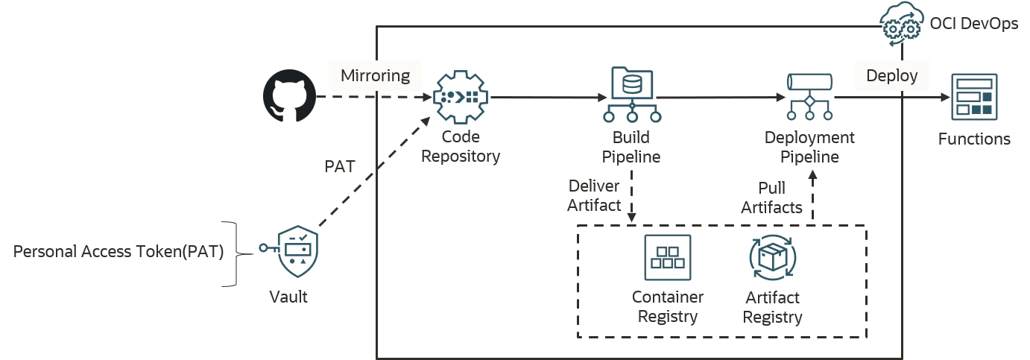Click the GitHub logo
[x=289, y=95]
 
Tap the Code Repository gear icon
[x=461, y=97]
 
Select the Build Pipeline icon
[x=632, y=95]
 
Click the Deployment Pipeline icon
[x=809, y=97]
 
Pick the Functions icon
[x=974, y=97]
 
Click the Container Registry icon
[x=668, y=257]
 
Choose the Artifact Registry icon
[x=772, y=257]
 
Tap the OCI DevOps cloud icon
[x=902, y=23]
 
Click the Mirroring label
[x=375, y=75]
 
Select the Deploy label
[x=891, y=76]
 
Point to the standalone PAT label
[x=340, y=166]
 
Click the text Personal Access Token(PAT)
[x=119, y=251]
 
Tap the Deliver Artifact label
[x=594, y=195]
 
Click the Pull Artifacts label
[x=771, y=198]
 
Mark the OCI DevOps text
[x=974, y=23]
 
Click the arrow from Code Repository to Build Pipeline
[x=549, y=98]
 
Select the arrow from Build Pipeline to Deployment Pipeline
[x=721, y=98]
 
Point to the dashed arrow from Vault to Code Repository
[x=374, y=171]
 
